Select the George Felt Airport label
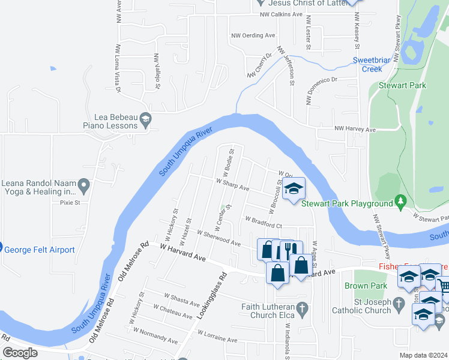[41, 250]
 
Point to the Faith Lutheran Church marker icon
[303, 310]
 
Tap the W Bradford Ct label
[263, 222]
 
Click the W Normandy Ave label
[155, 335]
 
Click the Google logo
[20, 353]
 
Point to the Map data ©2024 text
[423, 355]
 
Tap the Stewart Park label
[402, 85]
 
